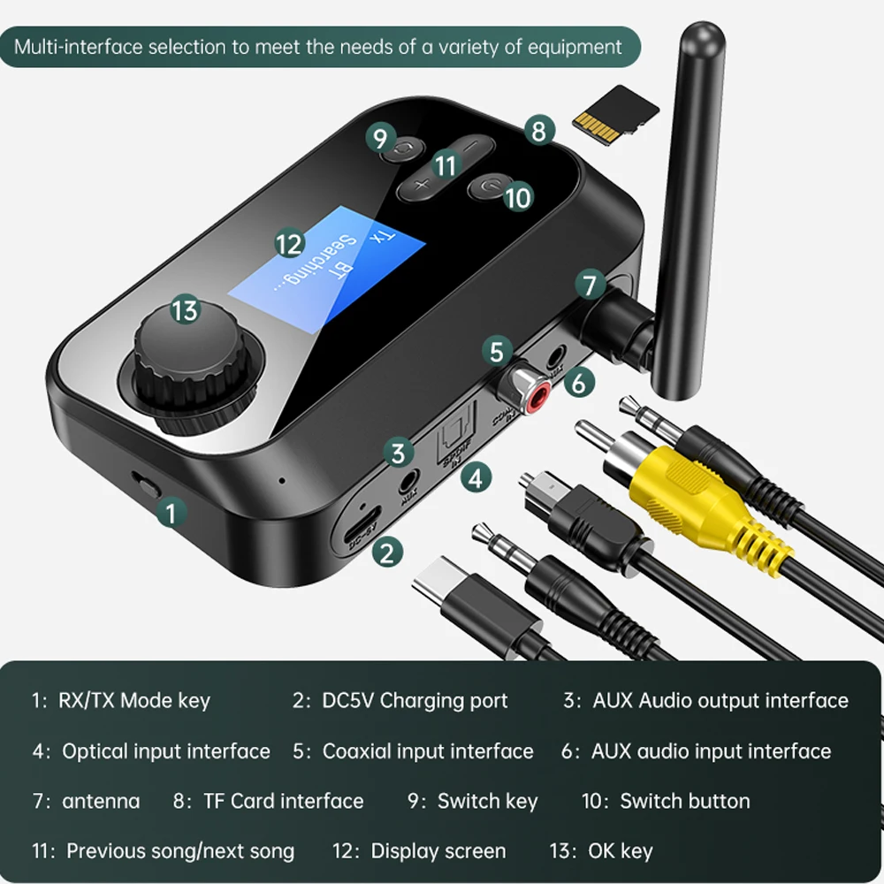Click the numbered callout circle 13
(185, 310)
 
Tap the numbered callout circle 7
(590, 286)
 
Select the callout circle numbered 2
(386, 552)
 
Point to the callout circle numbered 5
(498, 351)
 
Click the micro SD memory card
(617, 111)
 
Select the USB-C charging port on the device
(358, 533)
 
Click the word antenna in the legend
(101, 801)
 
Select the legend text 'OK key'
(620, 851)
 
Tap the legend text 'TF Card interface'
(283, 801)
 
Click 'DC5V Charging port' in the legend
(414, 701)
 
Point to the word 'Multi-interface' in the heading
(77, 46)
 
